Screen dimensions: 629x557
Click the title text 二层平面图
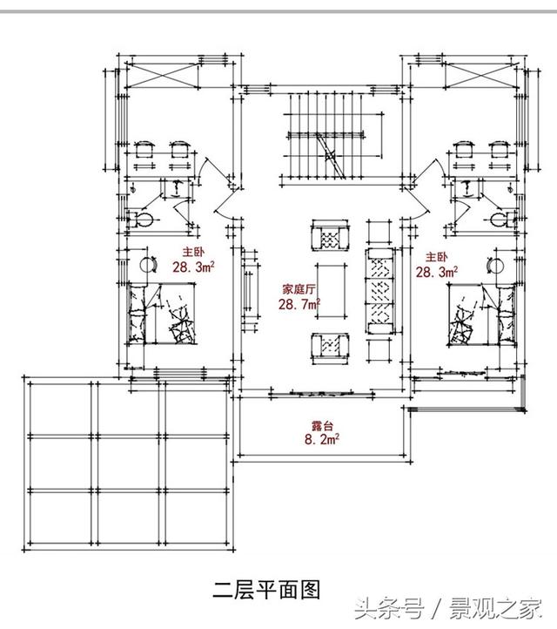point(267,589)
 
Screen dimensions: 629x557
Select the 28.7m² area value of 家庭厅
point(299,304)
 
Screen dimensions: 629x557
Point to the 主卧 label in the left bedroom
point(192,254)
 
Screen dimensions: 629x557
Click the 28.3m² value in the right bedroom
point(437,273)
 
